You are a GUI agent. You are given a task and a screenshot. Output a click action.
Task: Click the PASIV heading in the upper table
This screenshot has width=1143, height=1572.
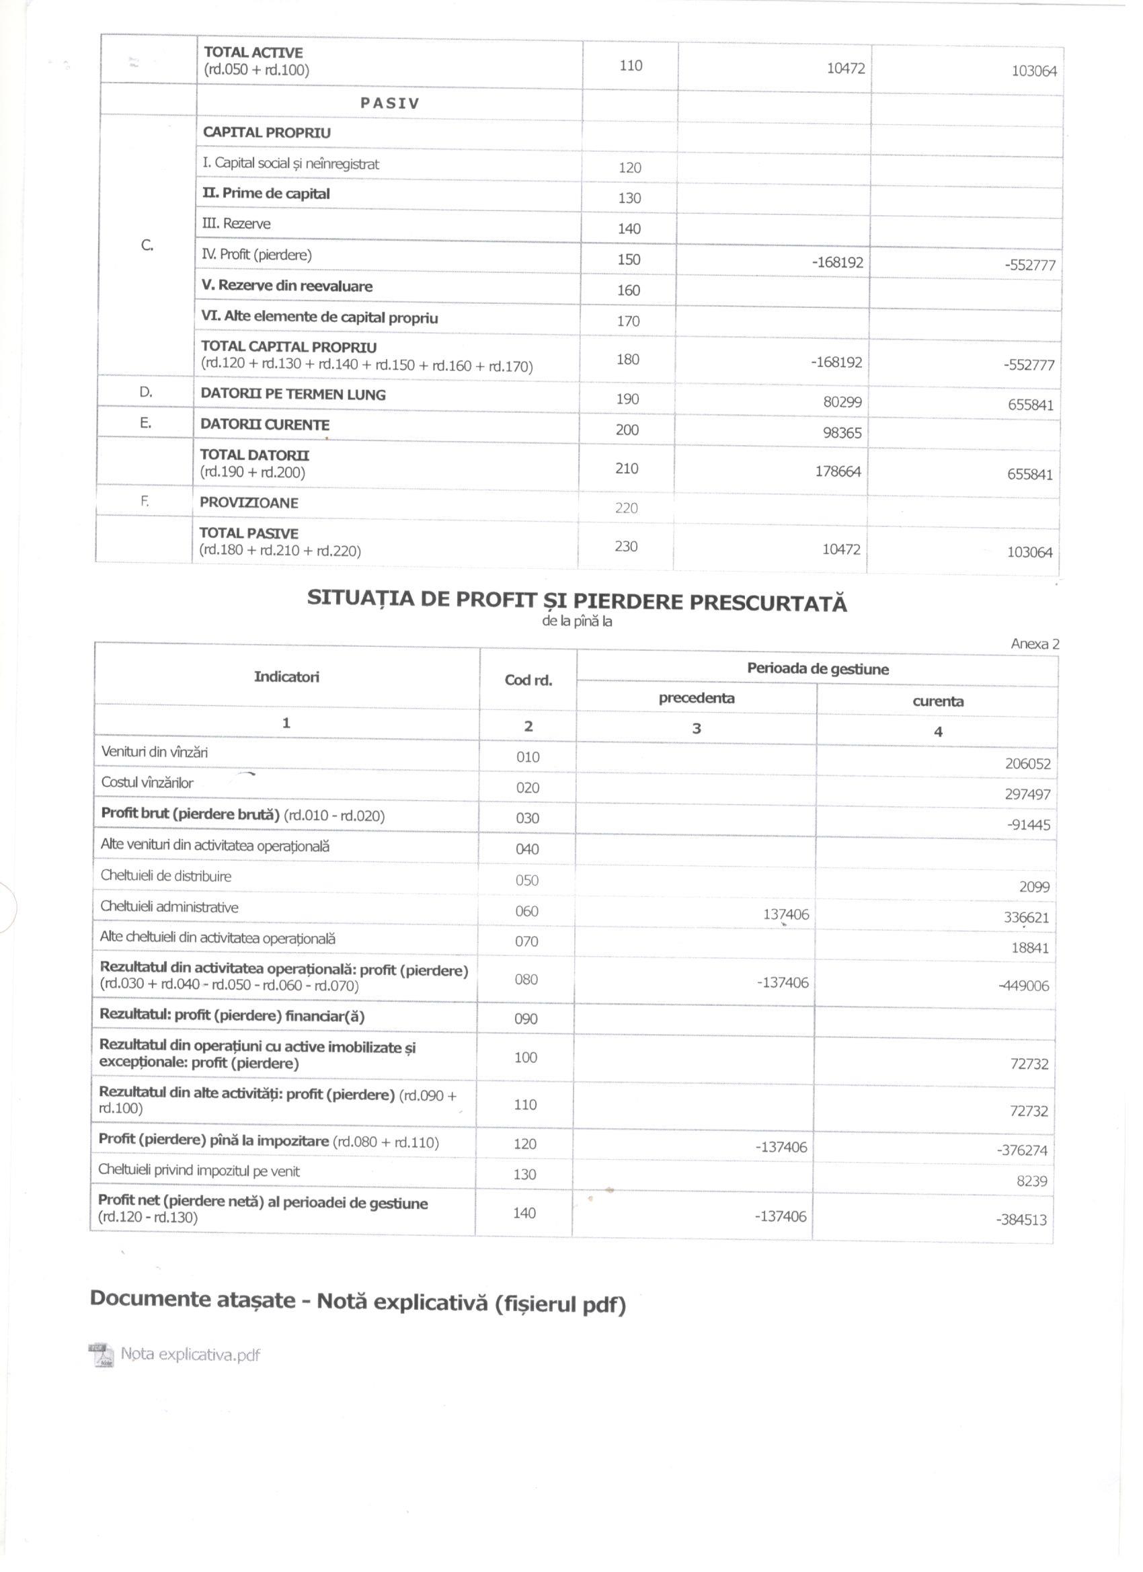(x=389, y=104)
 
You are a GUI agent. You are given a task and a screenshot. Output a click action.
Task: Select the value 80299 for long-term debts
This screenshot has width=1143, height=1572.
(x=842, y=402)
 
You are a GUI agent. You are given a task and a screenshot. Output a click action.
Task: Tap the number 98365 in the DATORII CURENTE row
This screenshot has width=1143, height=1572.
(x=842, y=433)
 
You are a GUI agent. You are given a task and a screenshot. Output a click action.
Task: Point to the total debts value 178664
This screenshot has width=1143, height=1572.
(x=838, y=472)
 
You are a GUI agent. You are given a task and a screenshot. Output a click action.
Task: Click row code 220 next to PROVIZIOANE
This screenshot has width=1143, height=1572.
(x=626, y=508)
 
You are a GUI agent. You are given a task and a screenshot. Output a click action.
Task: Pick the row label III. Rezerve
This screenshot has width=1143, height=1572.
(x=237, y=224)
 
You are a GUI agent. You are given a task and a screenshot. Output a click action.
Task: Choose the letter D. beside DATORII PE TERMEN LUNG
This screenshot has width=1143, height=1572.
(x=145, y=392)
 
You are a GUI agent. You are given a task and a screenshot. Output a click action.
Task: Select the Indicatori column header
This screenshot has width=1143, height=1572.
(x=286, y=677)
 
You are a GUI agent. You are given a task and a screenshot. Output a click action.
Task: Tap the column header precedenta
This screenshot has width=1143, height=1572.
(x=697, y=699)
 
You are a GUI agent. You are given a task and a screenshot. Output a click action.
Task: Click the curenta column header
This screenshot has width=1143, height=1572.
(x=938, y=701)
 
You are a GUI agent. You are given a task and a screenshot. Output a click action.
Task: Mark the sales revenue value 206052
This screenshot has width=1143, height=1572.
(x=1028, y=764)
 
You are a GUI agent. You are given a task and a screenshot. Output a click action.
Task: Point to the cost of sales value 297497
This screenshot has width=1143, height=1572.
(x=1028, y=795)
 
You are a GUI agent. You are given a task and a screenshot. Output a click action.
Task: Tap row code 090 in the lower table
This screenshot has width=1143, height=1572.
(x=526, y=1019)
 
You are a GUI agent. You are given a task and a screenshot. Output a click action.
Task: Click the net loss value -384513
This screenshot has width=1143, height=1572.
(x=1022, y=1220)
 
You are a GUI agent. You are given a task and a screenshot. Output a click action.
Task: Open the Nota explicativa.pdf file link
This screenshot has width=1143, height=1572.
(x=190, y=1354)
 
